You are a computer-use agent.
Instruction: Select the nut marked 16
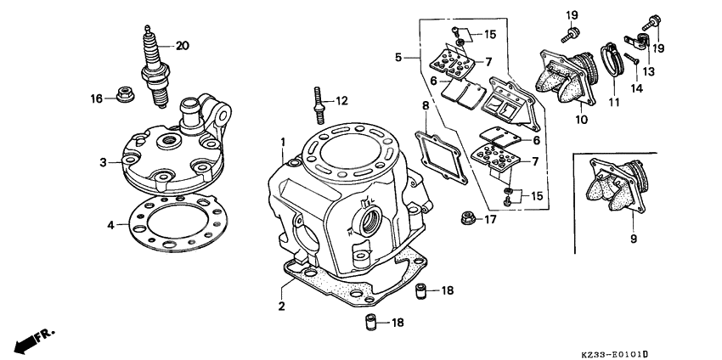coord(121,98)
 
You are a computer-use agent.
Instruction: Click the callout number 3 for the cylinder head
coord(103,161)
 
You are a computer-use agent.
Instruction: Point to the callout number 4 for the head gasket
coord(110,225)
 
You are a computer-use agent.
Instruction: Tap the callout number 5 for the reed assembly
coord(398,58)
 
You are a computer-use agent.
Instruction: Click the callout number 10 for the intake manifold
coord(581,121)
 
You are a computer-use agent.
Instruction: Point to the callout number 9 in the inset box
coord(633,239)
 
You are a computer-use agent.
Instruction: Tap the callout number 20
coord(182,45)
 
